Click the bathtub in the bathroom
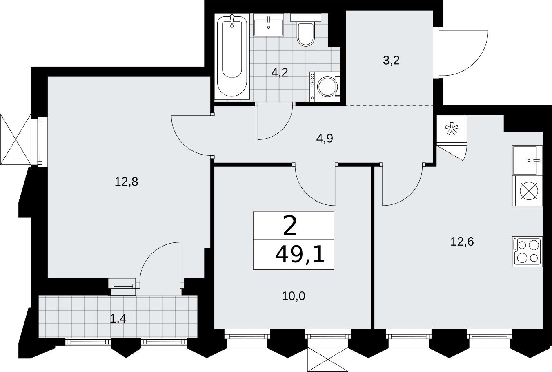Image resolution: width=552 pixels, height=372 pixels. tap(232, 56)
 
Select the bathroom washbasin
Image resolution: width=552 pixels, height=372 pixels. tap(268, 25)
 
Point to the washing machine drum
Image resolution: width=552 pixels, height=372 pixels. tap(327, 87)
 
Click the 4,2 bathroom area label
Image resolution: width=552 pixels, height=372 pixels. tap(280, 73)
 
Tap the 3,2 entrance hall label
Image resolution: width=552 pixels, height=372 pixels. tap(391, 61)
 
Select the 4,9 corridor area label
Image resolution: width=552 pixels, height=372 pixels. tap(325, 139)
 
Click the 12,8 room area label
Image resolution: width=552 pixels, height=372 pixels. tap(126, 182)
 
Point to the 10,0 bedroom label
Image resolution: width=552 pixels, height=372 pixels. tap(293, 296)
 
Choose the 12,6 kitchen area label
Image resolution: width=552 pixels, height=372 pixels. tap(462, 242)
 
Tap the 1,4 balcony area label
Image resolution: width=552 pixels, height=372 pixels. tap(118, 319)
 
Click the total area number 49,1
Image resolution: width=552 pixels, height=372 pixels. tap(300, 255)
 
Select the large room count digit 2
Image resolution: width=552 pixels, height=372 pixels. tap(290, 226)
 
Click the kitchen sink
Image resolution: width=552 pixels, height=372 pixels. tap(528, 160)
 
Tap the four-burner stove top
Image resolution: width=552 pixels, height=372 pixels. tap(528, 252)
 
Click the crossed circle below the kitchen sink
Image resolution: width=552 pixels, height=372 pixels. tap(529, 190)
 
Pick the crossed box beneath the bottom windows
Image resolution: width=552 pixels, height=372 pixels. tap(328, 359)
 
